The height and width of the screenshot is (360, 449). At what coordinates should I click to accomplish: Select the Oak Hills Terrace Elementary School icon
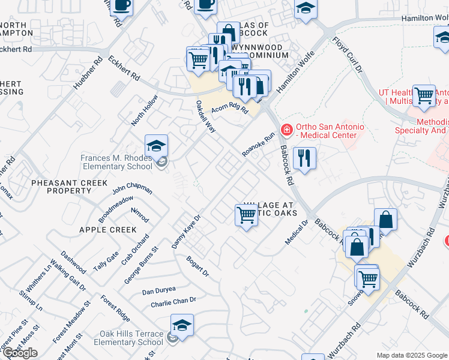182,326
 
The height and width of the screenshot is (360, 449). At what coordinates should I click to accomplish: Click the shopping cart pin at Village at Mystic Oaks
246,215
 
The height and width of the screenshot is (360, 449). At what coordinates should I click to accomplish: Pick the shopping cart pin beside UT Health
424,96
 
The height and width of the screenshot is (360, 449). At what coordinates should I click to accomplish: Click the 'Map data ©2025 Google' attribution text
412,355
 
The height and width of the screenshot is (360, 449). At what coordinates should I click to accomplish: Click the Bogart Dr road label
197,266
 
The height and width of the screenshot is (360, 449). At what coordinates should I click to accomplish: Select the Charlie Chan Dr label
173,301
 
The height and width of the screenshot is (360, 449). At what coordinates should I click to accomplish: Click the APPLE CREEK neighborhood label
107,230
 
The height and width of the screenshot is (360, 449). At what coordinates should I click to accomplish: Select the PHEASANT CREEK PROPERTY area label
69,187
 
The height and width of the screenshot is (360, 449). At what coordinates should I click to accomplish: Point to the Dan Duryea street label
159,290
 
